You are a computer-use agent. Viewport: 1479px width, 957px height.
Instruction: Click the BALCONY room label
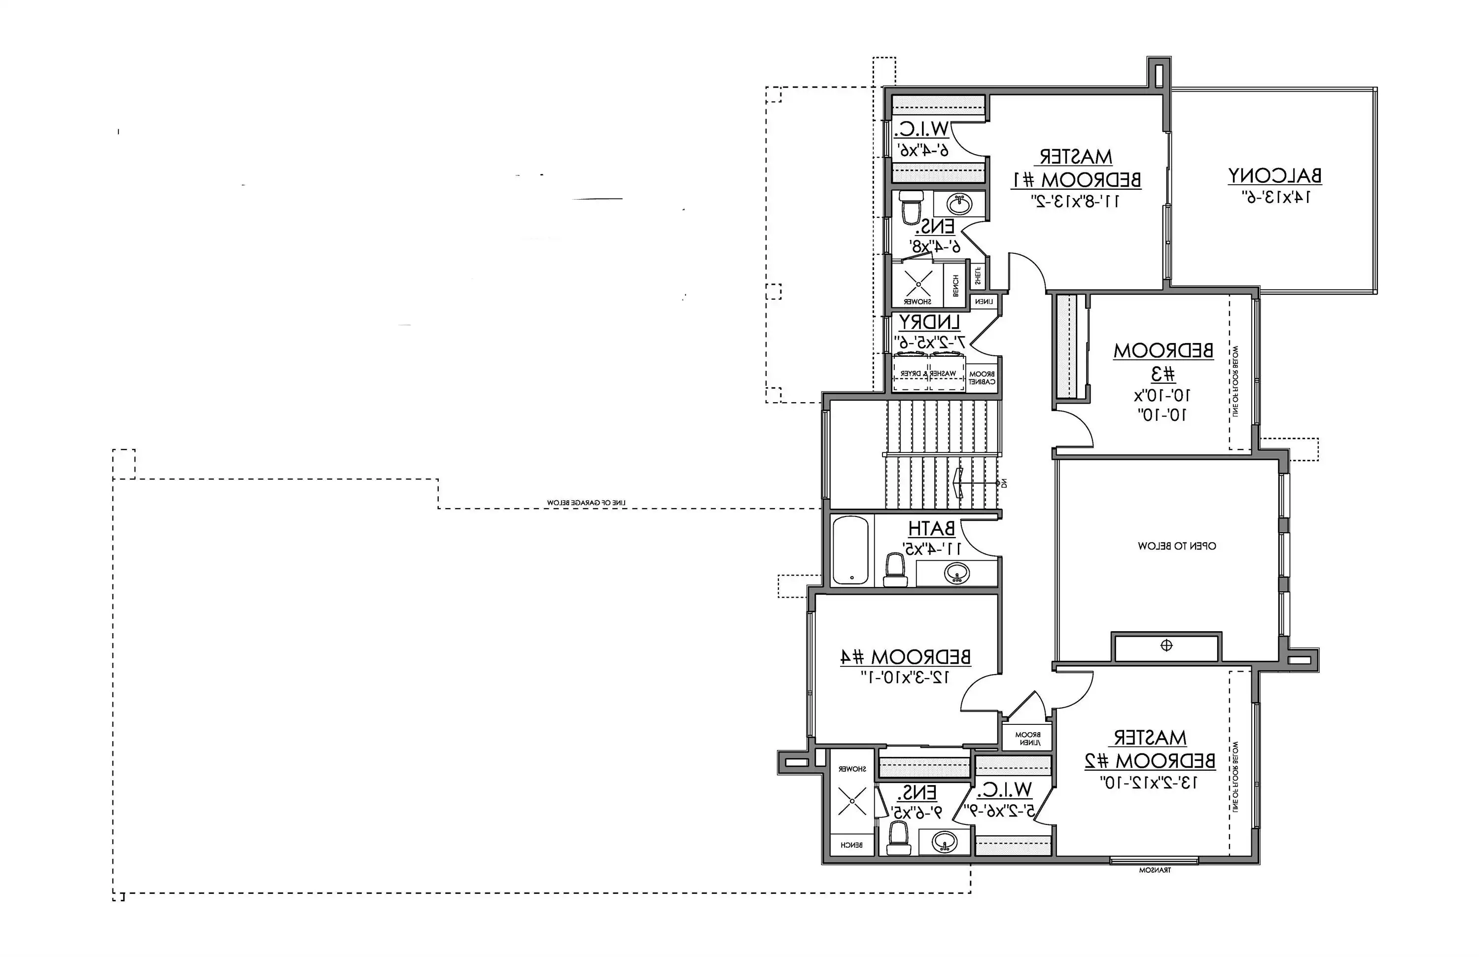point(1274,176)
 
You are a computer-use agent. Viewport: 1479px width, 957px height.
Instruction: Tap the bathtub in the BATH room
point(850,550)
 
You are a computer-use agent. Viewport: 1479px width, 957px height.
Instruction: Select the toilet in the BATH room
point(895,571)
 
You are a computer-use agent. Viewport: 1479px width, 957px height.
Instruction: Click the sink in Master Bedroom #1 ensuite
point(960,204)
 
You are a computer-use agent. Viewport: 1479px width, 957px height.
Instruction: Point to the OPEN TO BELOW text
point(1177,546)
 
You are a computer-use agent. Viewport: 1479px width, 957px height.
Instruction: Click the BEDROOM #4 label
point(906,657)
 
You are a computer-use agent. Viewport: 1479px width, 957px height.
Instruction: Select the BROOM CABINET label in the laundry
point(982,377)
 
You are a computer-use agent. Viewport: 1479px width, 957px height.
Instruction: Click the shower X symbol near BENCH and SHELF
point(918,284)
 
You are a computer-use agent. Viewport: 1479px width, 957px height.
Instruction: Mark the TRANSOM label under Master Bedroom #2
point(1155,870)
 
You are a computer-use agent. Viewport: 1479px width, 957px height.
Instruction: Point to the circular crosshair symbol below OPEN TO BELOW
point(1166,646)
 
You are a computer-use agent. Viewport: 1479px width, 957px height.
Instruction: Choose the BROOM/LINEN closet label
point(1028,738)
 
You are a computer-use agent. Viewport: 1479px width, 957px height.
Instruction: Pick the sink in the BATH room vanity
point(956,573)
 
